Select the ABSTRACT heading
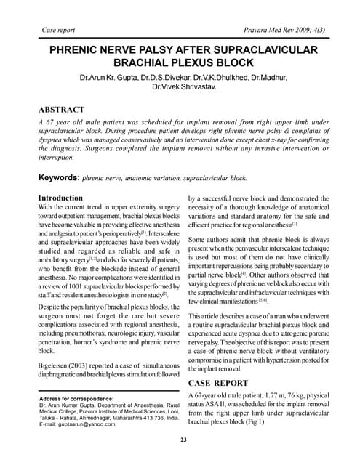pyautogui.click(x=64, y=110)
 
